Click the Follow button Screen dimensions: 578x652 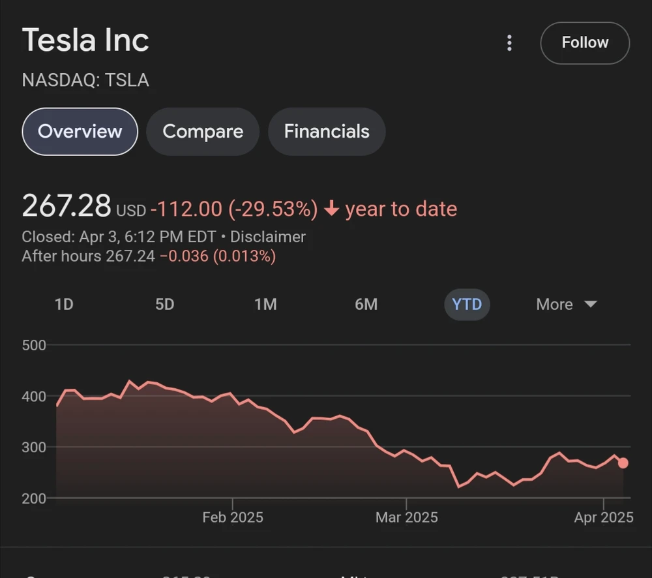click(585, 43)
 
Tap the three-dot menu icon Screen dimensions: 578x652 click(509, 44)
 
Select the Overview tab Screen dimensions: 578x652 click(80, 132)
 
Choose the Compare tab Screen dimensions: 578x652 click(203, 132)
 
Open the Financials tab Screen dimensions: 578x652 click(327, 132)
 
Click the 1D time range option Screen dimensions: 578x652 click(64, 305)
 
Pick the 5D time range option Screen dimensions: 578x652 click(165, 305)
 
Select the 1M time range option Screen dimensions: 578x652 click(265, 305)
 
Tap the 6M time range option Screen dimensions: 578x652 click(366, 305)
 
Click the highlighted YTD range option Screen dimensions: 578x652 click(467, 305)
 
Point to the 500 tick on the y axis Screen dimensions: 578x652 click(34, 345)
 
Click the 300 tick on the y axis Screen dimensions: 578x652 click(34, 448)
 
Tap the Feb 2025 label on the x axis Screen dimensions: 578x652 click(233, 518)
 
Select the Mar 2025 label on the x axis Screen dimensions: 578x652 click(407, 518)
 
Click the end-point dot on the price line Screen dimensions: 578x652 click(623, 463)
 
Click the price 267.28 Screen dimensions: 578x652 click(67, 207)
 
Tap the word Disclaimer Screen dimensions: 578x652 click(268, 237)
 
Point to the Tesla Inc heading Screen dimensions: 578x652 click(85, 40)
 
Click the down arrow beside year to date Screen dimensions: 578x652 click(331, 209)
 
